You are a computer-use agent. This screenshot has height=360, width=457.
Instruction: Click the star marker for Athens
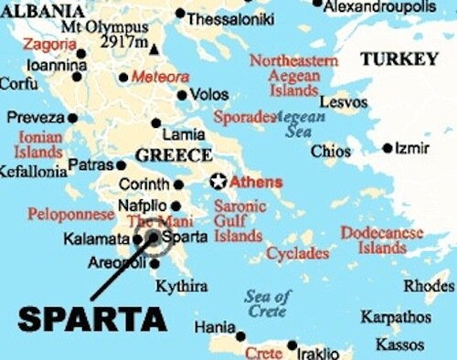coord(218,182)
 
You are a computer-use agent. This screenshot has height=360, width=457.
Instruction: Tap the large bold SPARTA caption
coord(93,319)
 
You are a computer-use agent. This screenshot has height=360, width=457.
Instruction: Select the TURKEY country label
coord(399,59)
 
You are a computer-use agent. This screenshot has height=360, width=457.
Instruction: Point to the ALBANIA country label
coord(40,12)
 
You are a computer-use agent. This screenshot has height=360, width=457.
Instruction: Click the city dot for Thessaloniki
coord(181,15)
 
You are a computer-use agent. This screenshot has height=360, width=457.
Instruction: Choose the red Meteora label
coord(160,77)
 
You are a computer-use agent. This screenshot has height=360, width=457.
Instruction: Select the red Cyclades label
coord(298,253)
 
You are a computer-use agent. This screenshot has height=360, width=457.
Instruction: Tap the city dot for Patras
coord(121,165)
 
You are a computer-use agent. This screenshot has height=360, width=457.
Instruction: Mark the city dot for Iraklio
coord(292,345)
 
